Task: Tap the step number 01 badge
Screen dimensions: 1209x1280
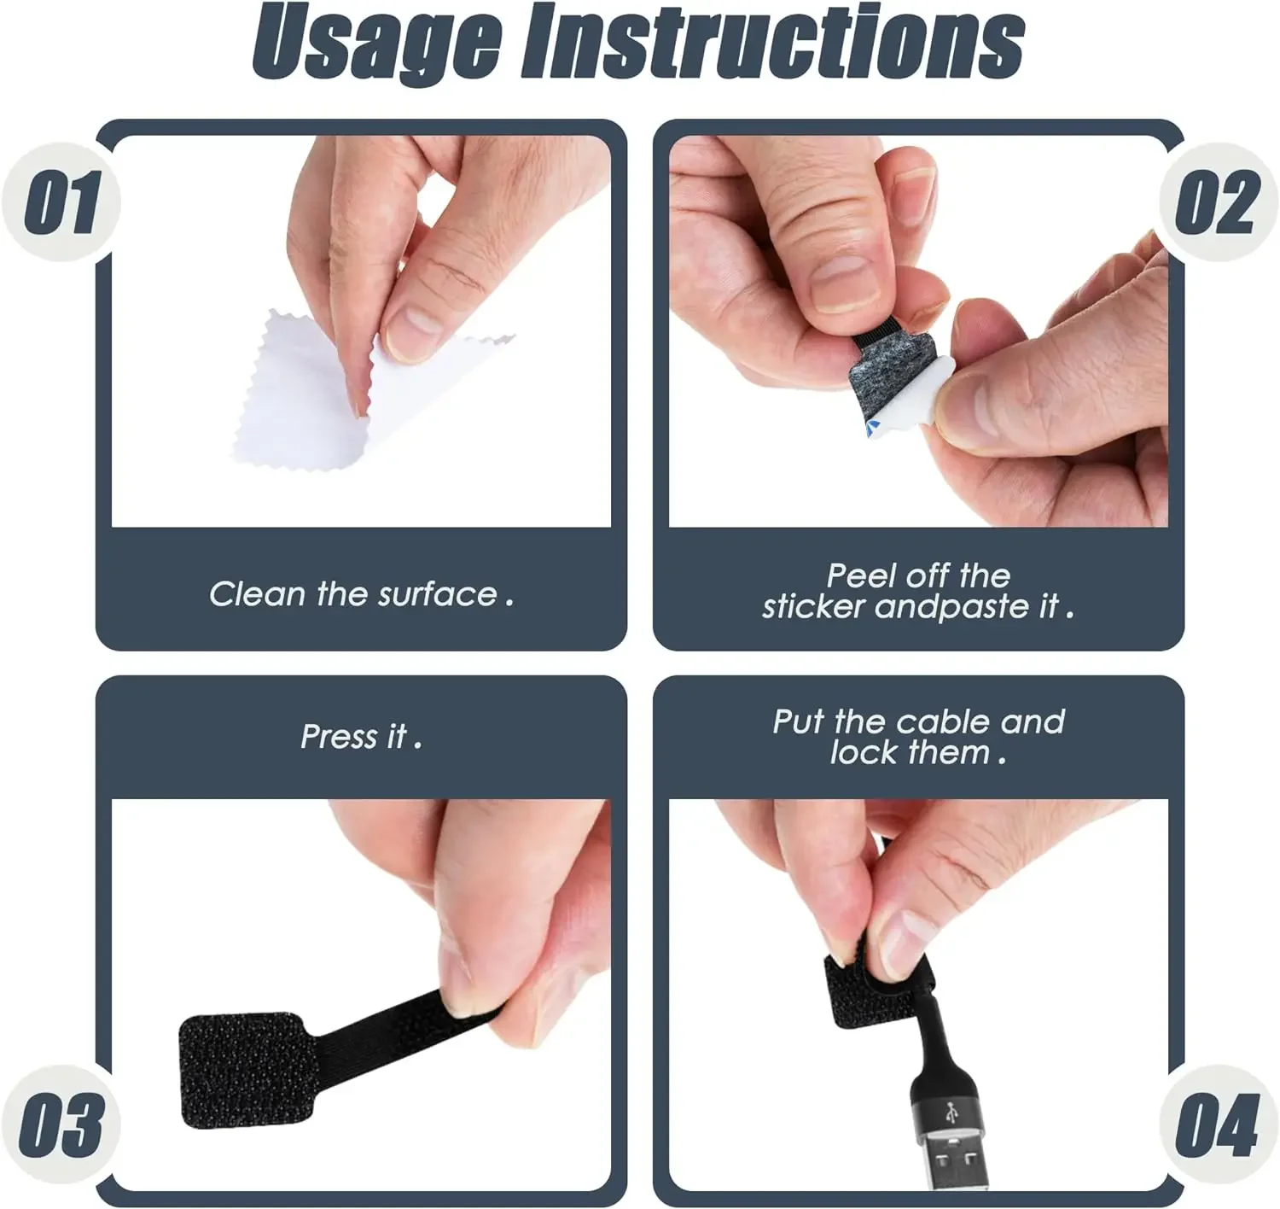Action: coord(61,202)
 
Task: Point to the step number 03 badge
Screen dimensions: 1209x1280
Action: coord(61,1124)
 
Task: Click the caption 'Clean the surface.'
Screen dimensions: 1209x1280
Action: coord(361,594)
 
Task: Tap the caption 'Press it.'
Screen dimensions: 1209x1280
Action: coord(361,736)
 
